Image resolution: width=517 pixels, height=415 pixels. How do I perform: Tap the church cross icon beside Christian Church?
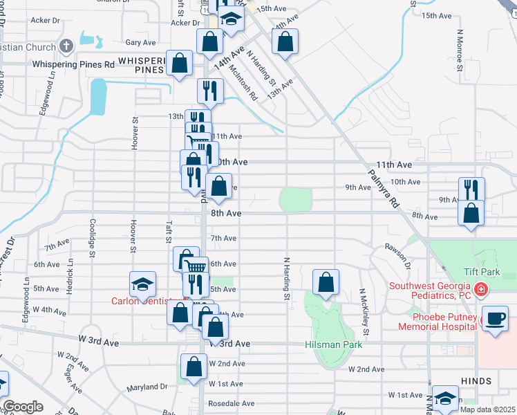coord(66,47)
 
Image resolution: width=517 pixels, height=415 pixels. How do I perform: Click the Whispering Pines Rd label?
coord(74,64)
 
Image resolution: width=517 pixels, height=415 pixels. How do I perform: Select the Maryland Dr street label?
coord(147,387)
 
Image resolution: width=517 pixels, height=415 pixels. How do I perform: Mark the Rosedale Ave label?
coord(232,403)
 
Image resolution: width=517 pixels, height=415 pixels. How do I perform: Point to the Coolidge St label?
coord(92,239)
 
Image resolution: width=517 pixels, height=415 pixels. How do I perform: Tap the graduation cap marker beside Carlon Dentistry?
coord(143,284)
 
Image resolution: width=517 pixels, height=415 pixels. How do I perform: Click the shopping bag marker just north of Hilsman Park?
coord(326,282)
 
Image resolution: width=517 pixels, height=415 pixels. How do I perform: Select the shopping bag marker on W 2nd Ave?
coord(194,365)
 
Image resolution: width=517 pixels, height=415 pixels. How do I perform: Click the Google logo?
coord(23,407)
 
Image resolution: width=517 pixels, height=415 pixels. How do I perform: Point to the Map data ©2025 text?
coord(487,409)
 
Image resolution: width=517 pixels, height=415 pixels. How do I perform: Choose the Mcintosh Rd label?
coord(244,82)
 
